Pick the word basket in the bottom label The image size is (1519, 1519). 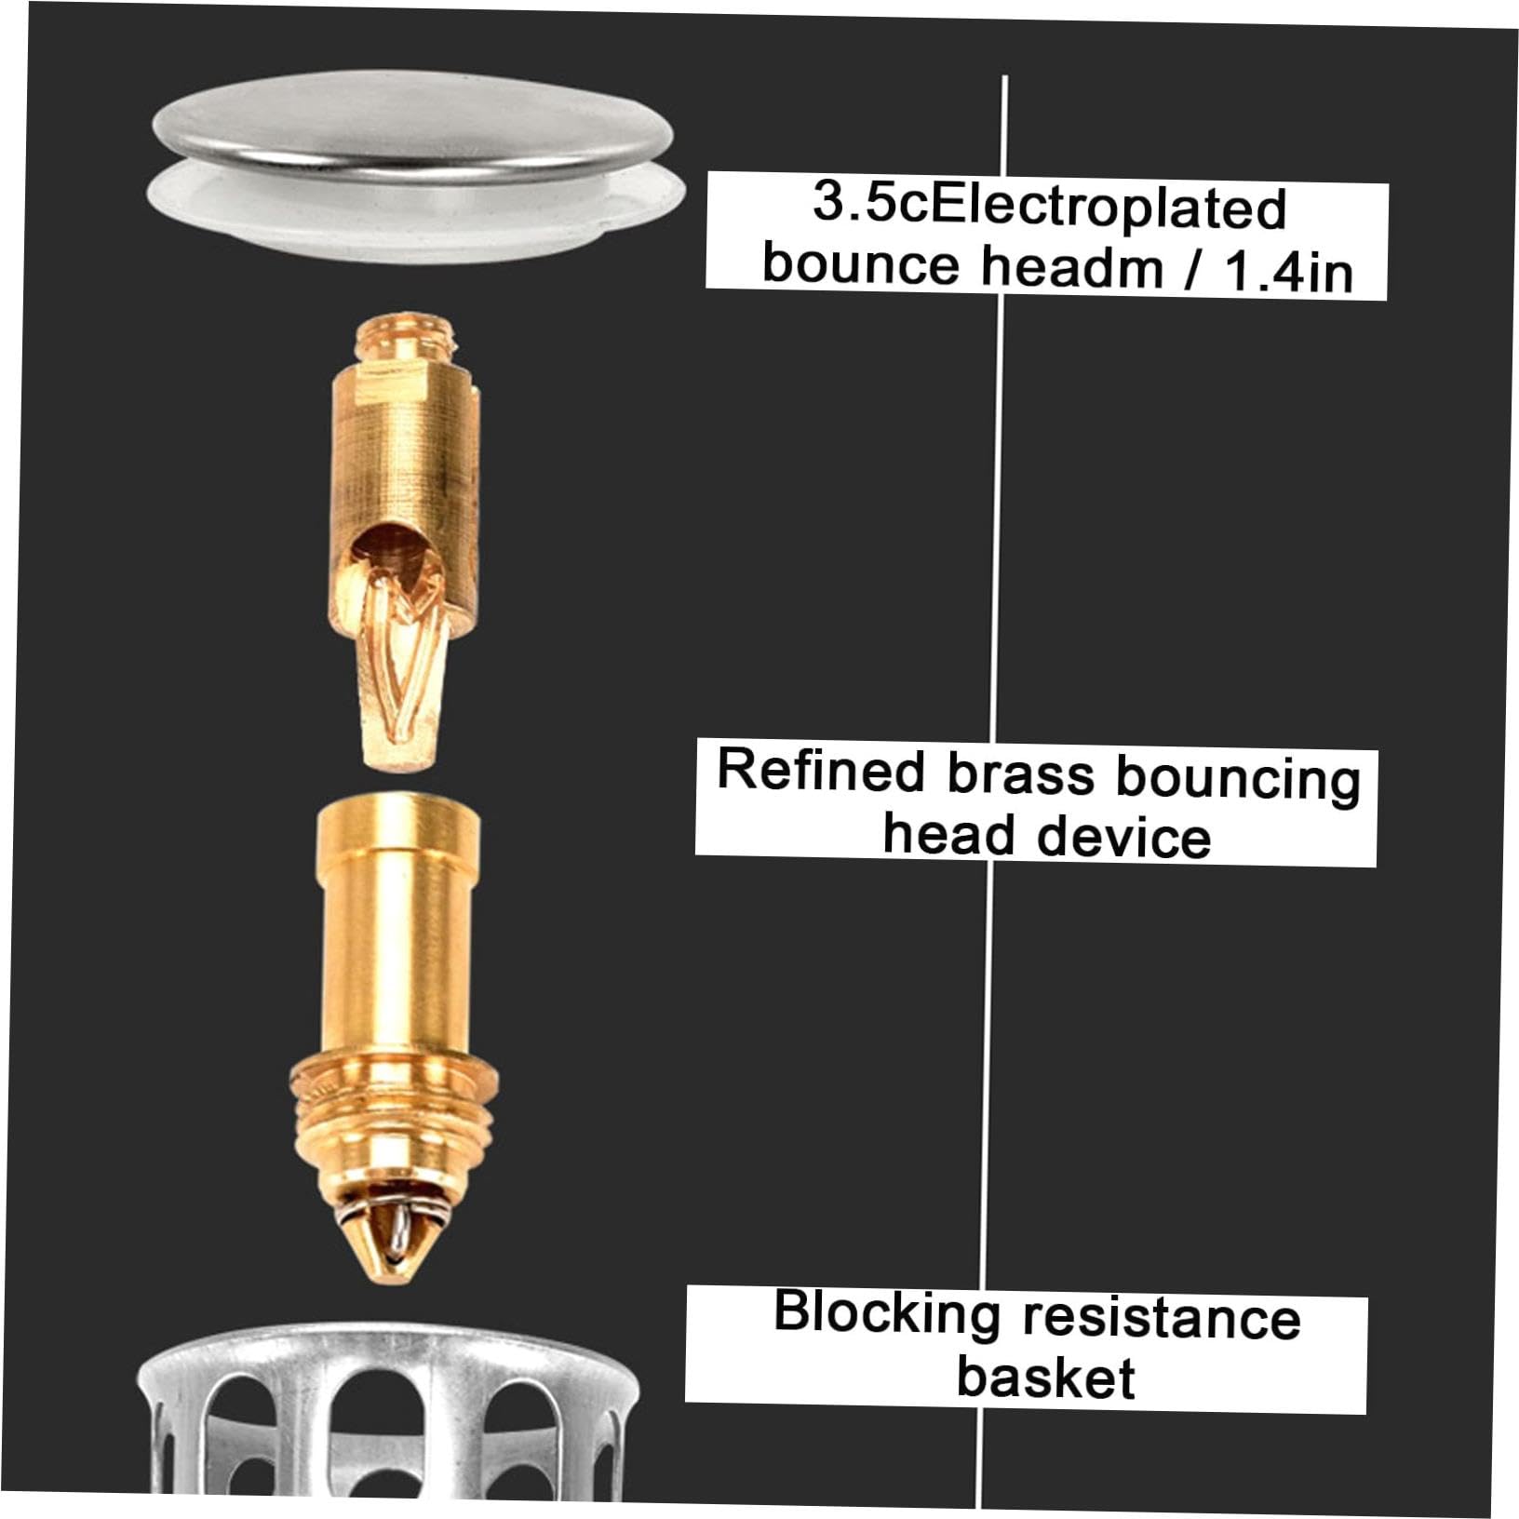(x=1045, y=1377)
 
